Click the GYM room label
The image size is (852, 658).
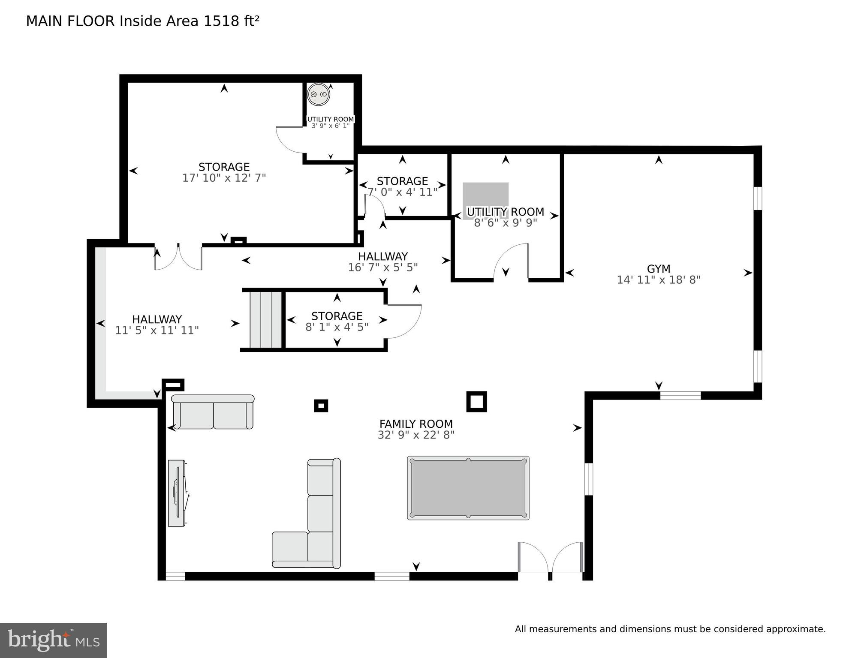click(658, 269)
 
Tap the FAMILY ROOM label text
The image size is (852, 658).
click(416, 424)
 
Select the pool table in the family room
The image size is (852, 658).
click(468, 488)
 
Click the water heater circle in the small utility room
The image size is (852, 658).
click(319, 94)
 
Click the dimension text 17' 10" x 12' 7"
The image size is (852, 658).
click(224, 178)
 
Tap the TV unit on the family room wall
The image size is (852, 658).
click(178, 493)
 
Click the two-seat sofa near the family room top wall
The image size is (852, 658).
click(213, 412)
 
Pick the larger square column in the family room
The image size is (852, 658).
click(476, 402)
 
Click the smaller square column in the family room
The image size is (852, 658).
click(321, 406)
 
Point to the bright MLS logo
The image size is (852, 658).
click(53, 640)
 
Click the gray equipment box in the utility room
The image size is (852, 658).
click(485, 201)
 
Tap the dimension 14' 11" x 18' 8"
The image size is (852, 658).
click(658, 280)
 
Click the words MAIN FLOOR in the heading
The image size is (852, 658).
click(70, 21)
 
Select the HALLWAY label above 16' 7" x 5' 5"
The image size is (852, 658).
click(383, 256)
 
